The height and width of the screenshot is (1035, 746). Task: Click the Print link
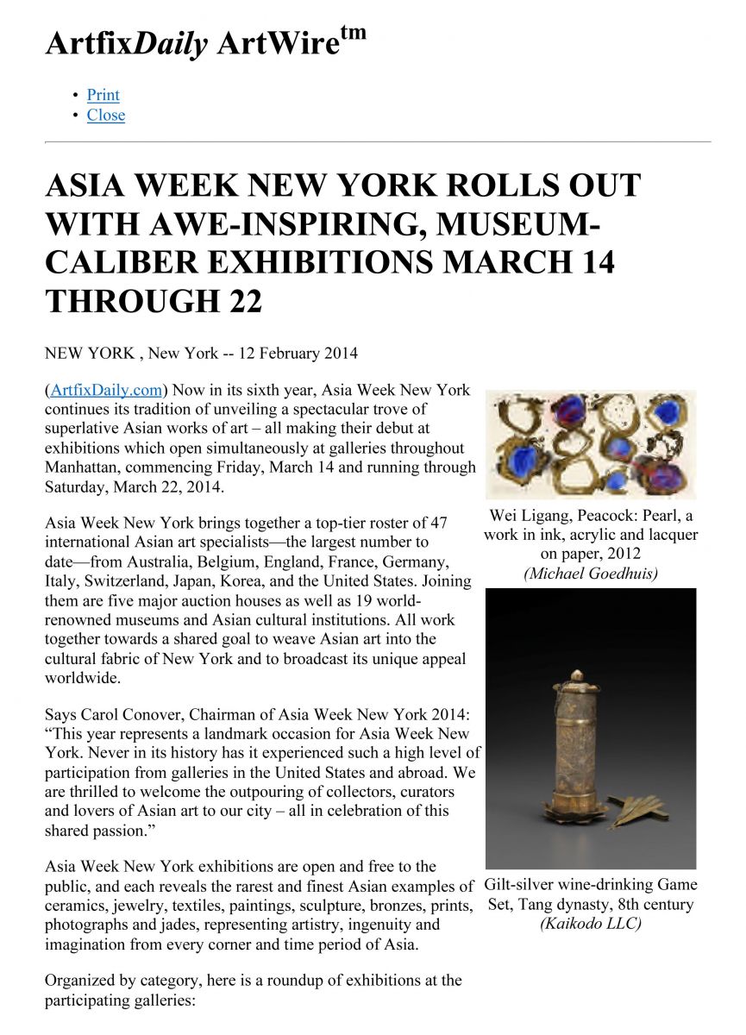tap(103, 95)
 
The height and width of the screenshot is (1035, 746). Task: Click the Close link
tap(105, 116)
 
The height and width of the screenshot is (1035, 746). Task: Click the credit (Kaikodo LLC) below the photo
tap(591, 924)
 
